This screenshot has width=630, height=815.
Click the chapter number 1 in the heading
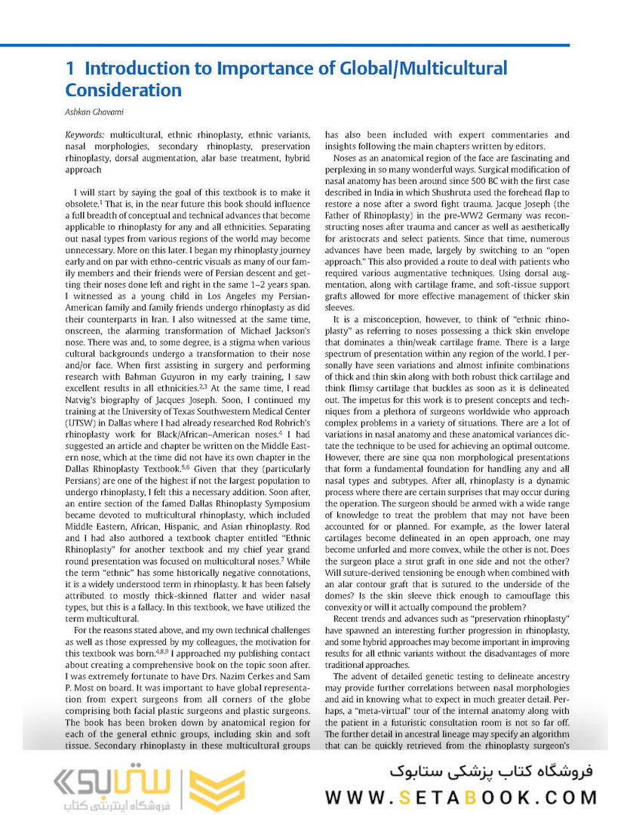coord(70,69)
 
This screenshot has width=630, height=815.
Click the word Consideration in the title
coord(124,91)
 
